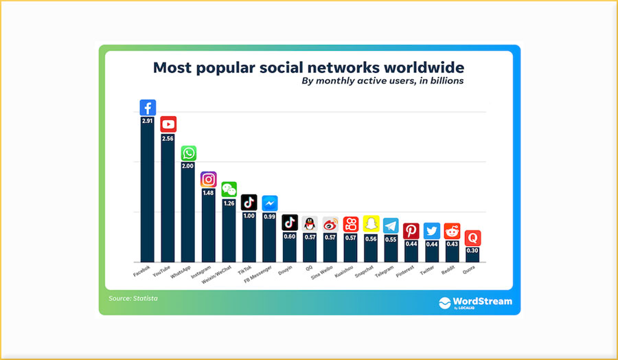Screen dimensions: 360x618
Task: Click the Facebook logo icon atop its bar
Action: (148, 108)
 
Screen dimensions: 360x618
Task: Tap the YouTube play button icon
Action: (168, 124)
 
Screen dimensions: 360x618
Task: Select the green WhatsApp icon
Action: (189, 153)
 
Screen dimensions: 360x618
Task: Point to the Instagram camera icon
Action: (209, 179)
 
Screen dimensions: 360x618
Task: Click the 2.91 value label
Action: (148, 121)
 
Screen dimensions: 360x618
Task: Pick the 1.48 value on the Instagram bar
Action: (209, 193)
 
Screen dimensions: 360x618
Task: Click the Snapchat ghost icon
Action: (371, 224)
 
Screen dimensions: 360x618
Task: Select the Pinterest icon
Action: (411, 231)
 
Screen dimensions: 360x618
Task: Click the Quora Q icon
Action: (472, 238)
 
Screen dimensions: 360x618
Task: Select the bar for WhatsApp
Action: (189, 213)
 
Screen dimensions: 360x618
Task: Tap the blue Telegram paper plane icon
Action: (391, 225)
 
